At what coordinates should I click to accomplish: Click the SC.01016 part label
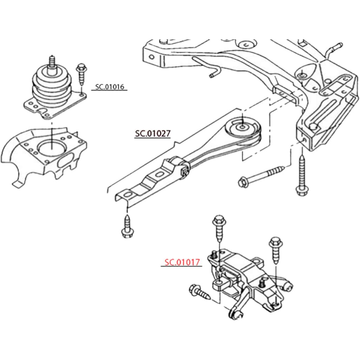point(110,87)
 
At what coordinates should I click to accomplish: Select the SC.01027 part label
point(153,134)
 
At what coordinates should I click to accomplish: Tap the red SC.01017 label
point(182,262)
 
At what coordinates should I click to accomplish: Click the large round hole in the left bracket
point(52,147)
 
